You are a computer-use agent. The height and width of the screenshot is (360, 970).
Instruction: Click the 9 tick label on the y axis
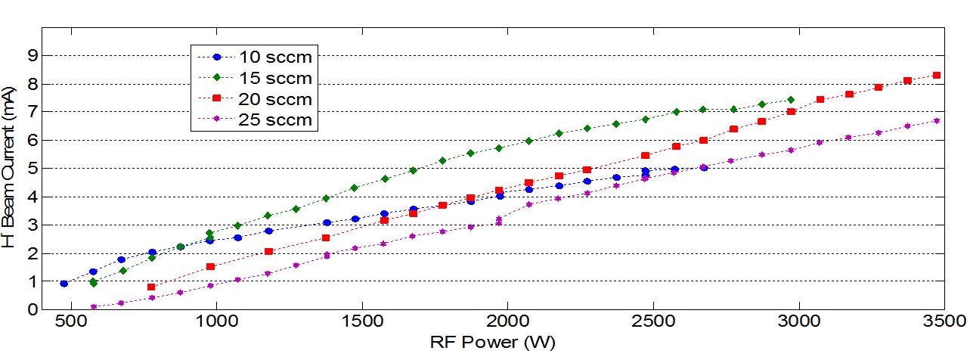(32, 55)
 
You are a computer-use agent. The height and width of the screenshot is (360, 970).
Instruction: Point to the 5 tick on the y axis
(32, 168)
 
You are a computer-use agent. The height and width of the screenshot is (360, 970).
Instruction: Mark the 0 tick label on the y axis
(32, 309)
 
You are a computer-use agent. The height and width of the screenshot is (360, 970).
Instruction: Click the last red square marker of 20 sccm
(936, 75)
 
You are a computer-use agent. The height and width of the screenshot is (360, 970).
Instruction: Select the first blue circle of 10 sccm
(64, 284)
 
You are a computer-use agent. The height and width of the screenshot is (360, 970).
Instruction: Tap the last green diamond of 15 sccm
(791, 99)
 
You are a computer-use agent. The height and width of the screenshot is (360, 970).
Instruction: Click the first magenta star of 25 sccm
(94, 306)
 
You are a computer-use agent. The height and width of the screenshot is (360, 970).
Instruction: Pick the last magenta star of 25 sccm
(936, 120)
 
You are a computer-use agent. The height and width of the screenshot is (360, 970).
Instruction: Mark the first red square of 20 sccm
(151, 287)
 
